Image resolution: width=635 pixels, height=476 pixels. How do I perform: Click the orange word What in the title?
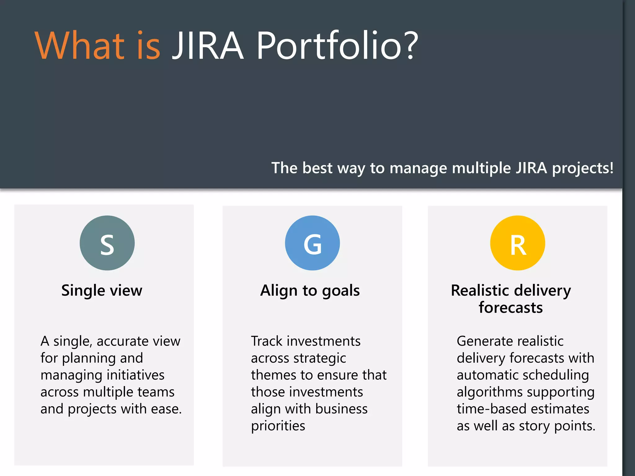(79, 45)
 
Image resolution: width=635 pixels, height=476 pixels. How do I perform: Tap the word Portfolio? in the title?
(337, 45)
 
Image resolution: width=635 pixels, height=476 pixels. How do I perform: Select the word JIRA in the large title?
(208, 45)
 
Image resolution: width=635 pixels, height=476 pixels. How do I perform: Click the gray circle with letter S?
(107, 243)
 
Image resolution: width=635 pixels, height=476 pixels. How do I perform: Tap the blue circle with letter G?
(312, 243)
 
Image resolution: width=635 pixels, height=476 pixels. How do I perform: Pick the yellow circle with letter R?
(517, 243)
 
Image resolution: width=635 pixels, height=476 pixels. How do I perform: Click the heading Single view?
(102, 291)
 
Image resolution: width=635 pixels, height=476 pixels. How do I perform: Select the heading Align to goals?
(310, 291)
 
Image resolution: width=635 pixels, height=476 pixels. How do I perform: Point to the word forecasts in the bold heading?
(511, 308)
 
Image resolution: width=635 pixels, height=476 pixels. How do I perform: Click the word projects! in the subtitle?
(583, 168)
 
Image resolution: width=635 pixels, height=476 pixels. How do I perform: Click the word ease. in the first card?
(166, 409)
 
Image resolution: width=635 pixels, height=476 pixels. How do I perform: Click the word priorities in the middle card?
(278, 426)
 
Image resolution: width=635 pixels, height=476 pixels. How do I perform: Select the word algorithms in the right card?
(490, 392)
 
